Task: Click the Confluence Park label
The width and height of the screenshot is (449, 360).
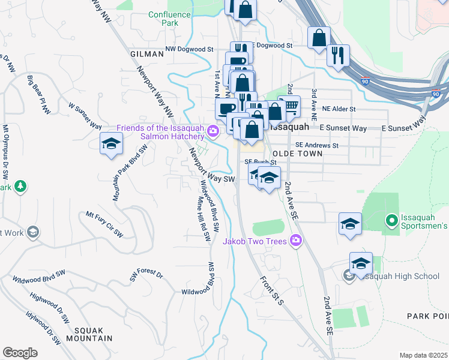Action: tap(170, 19)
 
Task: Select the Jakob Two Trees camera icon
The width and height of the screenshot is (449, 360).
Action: tap(295, 241)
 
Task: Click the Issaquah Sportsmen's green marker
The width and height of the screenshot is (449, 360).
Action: tap(392, 221)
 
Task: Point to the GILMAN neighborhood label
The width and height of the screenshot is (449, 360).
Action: tap(147, 54)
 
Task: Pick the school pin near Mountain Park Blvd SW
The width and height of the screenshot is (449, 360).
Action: tap(111, 144)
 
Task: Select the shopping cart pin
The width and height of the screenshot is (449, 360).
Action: tap(290, 107)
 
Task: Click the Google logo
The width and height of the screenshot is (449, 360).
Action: tap(20, 352)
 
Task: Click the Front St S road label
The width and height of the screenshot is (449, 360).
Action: tap(271, 290)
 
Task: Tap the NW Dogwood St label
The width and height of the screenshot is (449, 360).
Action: tap(190, 49)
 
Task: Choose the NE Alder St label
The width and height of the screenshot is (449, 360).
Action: tap(339, 109)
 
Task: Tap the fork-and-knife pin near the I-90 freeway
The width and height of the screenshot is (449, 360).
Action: tap(338, 56)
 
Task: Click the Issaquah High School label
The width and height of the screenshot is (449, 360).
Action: tap(401, 276)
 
